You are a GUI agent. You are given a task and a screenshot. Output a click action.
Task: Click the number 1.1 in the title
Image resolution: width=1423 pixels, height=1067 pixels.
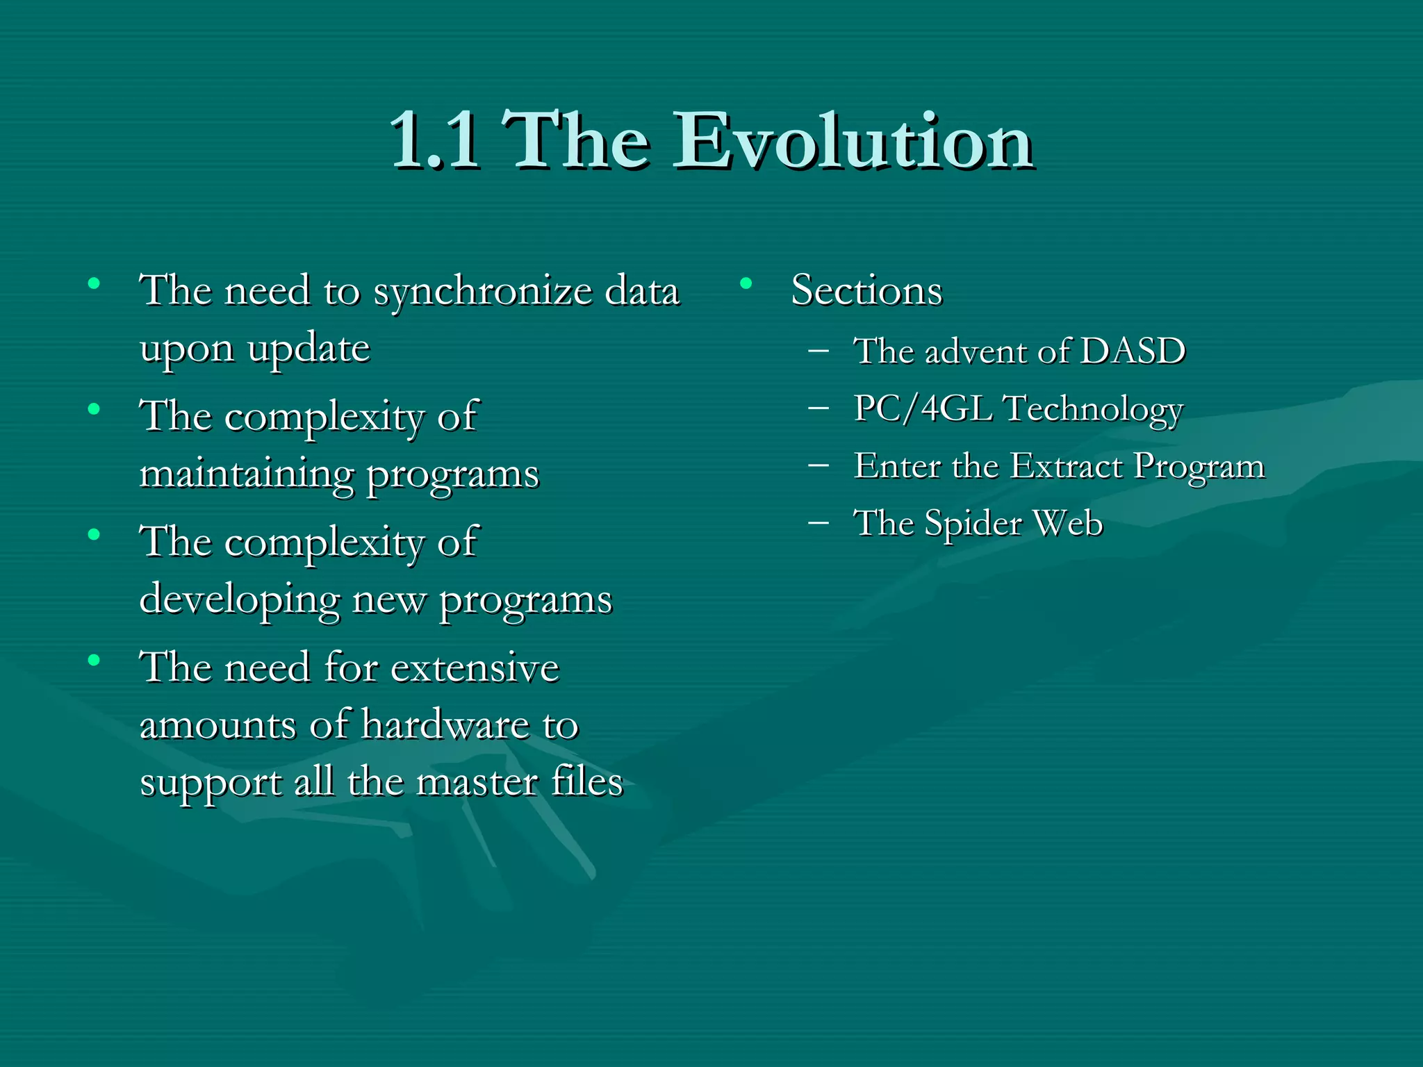434,142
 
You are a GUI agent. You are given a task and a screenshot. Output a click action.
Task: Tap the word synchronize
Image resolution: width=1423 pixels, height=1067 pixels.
482,292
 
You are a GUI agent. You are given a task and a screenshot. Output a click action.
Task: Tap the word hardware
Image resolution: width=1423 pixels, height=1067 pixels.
445,725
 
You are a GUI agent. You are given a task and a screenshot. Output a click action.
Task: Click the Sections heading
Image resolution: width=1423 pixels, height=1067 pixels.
866,290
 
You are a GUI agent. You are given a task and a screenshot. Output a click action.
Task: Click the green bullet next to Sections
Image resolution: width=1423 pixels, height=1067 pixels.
746,283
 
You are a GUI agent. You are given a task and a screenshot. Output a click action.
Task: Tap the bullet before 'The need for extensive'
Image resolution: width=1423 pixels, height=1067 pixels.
94,660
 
